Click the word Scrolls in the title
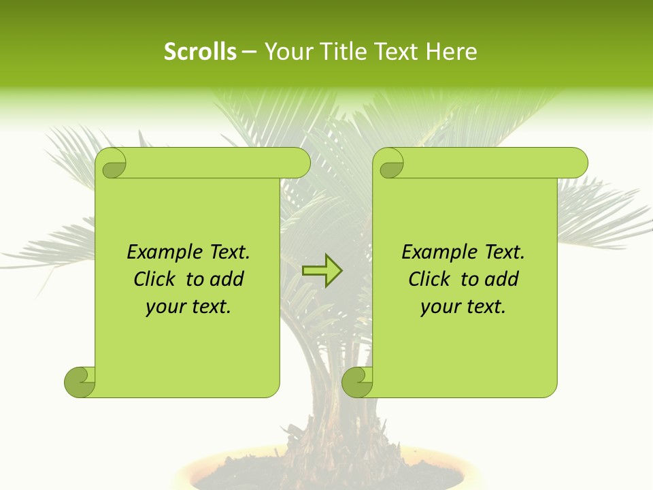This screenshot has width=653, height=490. point(201,52)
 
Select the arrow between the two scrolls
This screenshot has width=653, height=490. point(322,271)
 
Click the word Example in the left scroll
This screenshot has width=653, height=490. point(157,252)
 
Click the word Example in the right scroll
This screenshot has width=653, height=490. point(432,252)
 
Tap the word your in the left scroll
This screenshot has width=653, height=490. point(162,307)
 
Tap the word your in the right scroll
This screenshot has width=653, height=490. point(437,307)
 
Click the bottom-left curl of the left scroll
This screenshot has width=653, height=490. point(80,381)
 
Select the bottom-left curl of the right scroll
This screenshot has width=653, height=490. point(358,381)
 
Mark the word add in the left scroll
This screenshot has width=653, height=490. point(227,279)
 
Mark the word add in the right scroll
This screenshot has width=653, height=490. point(502,279)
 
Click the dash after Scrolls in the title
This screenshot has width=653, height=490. point(250,52)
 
